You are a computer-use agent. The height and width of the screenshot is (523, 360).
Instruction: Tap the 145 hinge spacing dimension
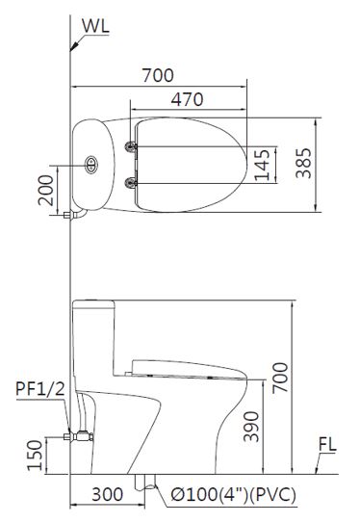[262, 165]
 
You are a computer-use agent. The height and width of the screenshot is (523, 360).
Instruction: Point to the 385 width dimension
[302, 165]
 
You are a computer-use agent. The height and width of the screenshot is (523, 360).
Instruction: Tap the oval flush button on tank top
[92, 164]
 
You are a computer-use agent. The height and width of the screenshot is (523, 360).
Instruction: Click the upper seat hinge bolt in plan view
[132, 146]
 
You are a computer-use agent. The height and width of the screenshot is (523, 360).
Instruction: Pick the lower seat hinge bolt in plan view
[132, 182]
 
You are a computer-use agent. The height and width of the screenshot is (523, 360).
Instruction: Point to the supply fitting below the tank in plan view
[68, 219]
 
